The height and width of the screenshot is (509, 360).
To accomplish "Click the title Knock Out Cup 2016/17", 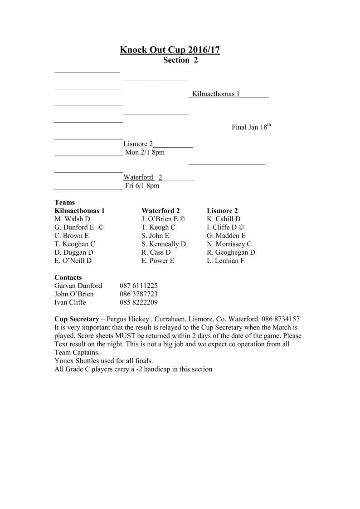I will click(x=170, y=50).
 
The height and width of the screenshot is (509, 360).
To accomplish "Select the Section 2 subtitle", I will click(x=180, y=60).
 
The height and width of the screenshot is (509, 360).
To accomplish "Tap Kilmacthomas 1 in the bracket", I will click(x=216, y=94).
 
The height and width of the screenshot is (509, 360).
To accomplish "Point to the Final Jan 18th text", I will click(x=251, y=127).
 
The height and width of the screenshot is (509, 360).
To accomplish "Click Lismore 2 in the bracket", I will click(x=138, y=144).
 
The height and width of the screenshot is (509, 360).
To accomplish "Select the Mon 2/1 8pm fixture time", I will click(x=145, y=152).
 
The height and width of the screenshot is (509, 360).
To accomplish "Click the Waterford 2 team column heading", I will click(x=161, y=211).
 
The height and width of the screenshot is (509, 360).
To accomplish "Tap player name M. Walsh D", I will click(x=72, y=219).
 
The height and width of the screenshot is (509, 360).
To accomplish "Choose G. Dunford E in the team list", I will click(x=74, y=228).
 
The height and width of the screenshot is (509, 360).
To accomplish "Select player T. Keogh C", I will click(x=158, y=228).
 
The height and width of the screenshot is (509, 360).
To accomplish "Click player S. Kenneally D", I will click(x=164, y=244).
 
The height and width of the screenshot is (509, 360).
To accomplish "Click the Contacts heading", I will click(x=68, y=277).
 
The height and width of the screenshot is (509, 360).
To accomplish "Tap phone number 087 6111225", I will click(x=138, y=286).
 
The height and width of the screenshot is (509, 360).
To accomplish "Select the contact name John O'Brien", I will click(x=74, y=294).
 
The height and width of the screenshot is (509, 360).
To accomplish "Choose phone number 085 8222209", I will click(x=138, y=302).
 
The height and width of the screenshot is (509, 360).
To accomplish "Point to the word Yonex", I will click(x=63, y=361).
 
